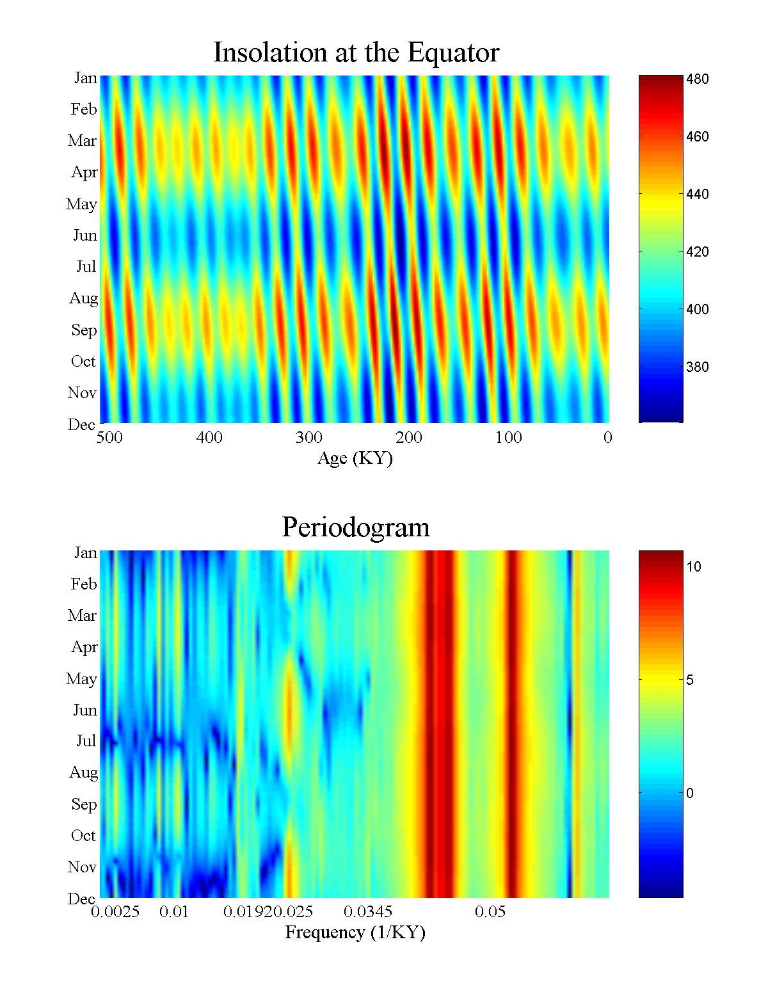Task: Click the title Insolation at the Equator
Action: [356, 52]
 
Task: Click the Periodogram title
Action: [356, 527]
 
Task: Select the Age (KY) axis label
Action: [355, 458]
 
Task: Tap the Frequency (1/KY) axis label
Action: [355, 932]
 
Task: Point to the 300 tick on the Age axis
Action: [309, 438]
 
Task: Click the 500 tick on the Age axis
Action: [109, 438]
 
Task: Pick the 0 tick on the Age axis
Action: [607, 438]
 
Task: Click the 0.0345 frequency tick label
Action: [368, 911]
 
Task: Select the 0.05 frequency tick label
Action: [490, 911]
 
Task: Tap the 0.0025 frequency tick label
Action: [115, 911]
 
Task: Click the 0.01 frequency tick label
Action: [174, 911]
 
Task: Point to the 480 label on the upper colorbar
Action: [697, 79]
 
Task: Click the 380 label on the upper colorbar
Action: [697, 367]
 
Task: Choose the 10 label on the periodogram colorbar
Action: [694, 567]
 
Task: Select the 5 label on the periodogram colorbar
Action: [690, 680]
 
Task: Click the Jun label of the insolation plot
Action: [84, 236]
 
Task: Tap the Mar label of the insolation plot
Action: [82, 141]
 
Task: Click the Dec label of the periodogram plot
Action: [81, 899]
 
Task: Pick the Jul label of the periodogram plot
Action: [86, 741]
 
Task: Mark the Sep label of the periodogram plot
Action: [84, 804]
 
